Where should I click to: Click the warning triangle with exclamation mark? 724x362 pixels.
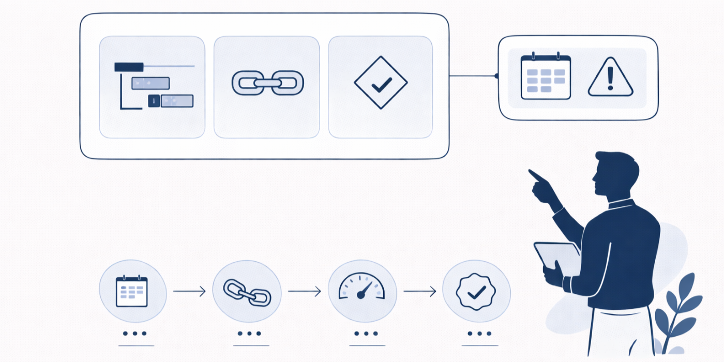610,79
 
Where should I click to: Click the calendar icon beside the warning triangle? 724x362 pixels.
546,77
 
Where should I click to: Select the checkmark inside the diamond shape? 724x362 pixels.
381,83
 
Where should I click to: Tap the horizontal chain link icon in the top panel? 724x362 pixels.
267,83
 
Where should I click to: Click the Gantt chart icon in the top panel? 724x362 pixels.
153,86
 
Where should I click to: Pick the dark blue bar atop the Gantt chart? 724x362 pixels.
129,67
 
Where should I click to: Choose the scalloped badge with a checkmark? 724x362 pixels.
476,292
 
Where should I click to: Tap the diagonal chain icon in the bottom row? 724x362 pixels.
247,292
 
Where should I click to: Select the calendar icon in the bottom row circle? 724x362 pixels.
132,292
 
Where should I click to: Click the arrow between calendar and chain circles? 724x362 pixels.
189,292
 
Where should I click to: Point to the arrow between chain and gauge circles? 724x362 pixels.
304,292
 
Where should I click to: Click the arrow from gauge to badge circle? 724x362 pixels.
419,292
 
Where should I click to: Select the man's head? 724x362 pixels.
615,173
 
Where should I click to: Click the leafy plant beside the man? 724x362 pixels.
677,310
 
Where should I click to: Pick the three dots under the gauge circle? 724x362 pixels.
367,334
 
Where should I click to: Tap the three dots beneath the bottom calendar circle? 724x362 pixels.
135,334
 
